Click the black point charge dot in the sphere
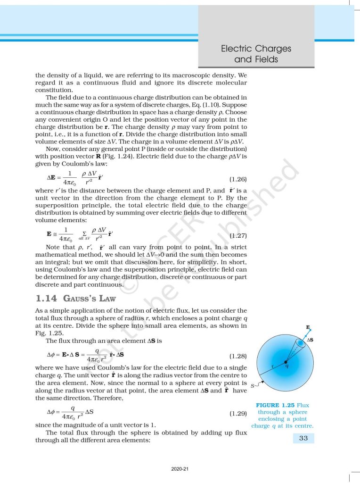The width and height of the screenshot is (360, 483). (285, 362)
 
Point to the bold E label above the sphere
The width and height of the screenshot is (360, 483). (308, 326)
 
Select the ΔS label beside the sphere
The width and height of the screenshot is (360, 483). (311, 340)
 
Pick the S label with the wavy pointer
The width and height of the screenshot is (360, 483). (253, 386)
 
